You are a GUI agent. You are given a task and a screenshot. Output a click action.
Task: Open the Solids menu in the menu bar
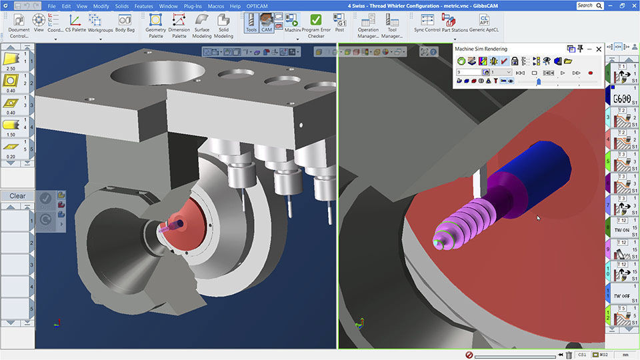pos(121,6)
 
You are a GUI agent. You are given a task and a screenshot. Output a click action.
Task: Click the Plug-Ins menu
pos(193,6)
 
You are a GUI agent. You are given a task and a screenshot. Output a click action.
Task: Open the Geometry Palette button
pos(155,25)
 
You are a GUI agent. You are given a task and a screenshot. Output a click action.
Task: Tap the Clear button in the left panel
pos(17,196)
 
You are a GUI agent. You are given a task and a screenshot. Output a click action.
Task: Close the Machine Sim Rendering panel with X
pos(599,49)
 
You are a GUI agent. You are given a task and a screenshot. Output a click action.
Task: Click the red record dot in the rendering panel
pos(591,73)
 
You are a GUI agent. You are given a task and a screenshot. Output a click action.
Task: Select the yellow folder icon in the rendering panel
pos(568,61)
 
